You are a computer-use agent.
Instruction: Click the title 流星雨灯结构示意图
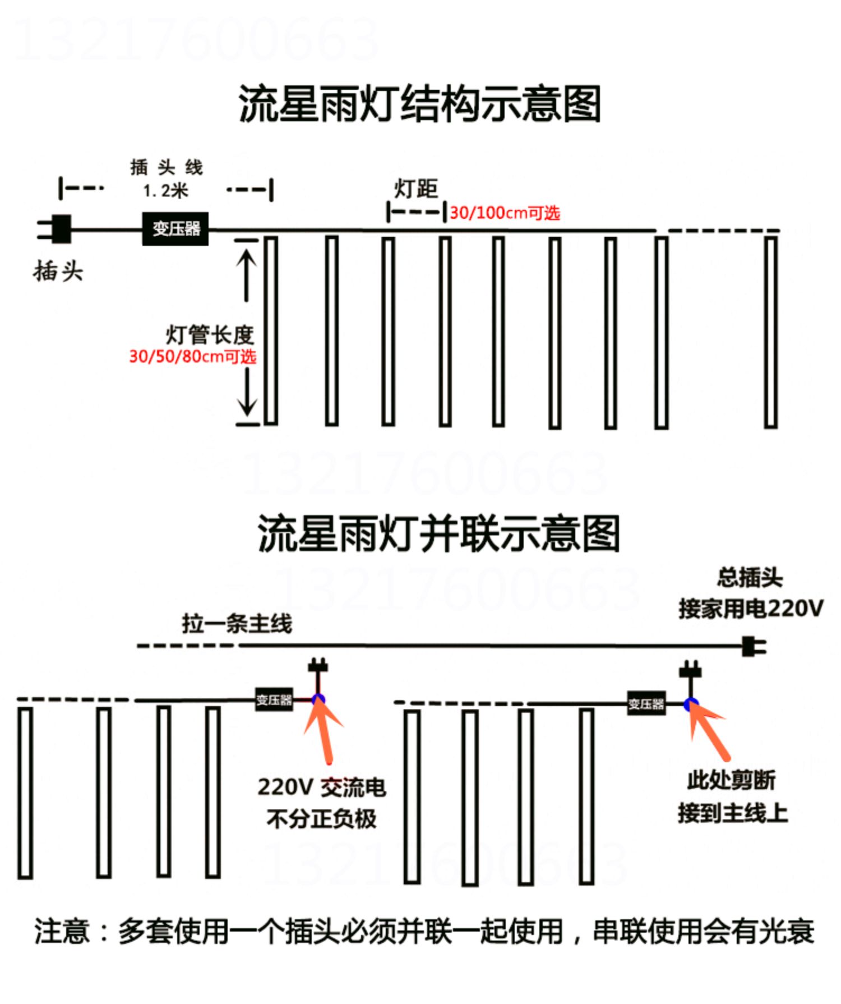pos(420,104)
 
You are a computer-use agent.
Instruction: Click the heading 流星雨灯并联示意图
pos(439,533)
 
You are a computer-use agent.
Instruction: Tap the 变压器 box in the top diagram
pos(175,229)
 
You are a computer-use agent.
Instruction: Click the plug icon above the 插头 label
pos(54,229)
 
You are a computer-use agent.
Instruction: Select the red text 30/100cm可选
pos(505,213)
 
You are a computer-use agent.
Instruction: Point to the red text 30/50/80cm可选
pos(192,357)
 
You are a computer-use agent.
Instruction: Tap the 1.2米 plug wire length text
pos(165,191)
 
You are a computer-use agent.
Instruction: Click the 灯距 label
pos(415,188)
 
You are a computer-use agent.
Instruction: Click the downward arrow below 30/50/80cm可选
pos(246,390)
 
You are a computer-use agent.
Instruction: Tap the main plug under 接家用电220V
pos(754,647)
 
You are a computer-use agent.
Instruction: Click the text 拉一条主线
pos(237,623)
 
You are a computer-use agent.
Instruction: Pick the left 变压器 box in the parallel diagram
pos(274,700)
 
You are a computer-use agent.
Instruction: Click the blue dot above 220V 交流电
pos(318,699)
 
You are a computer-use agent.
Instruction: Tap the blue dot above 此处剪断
pos(691,704)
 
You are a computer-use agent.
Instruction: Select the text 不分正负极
pos(321,819)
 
